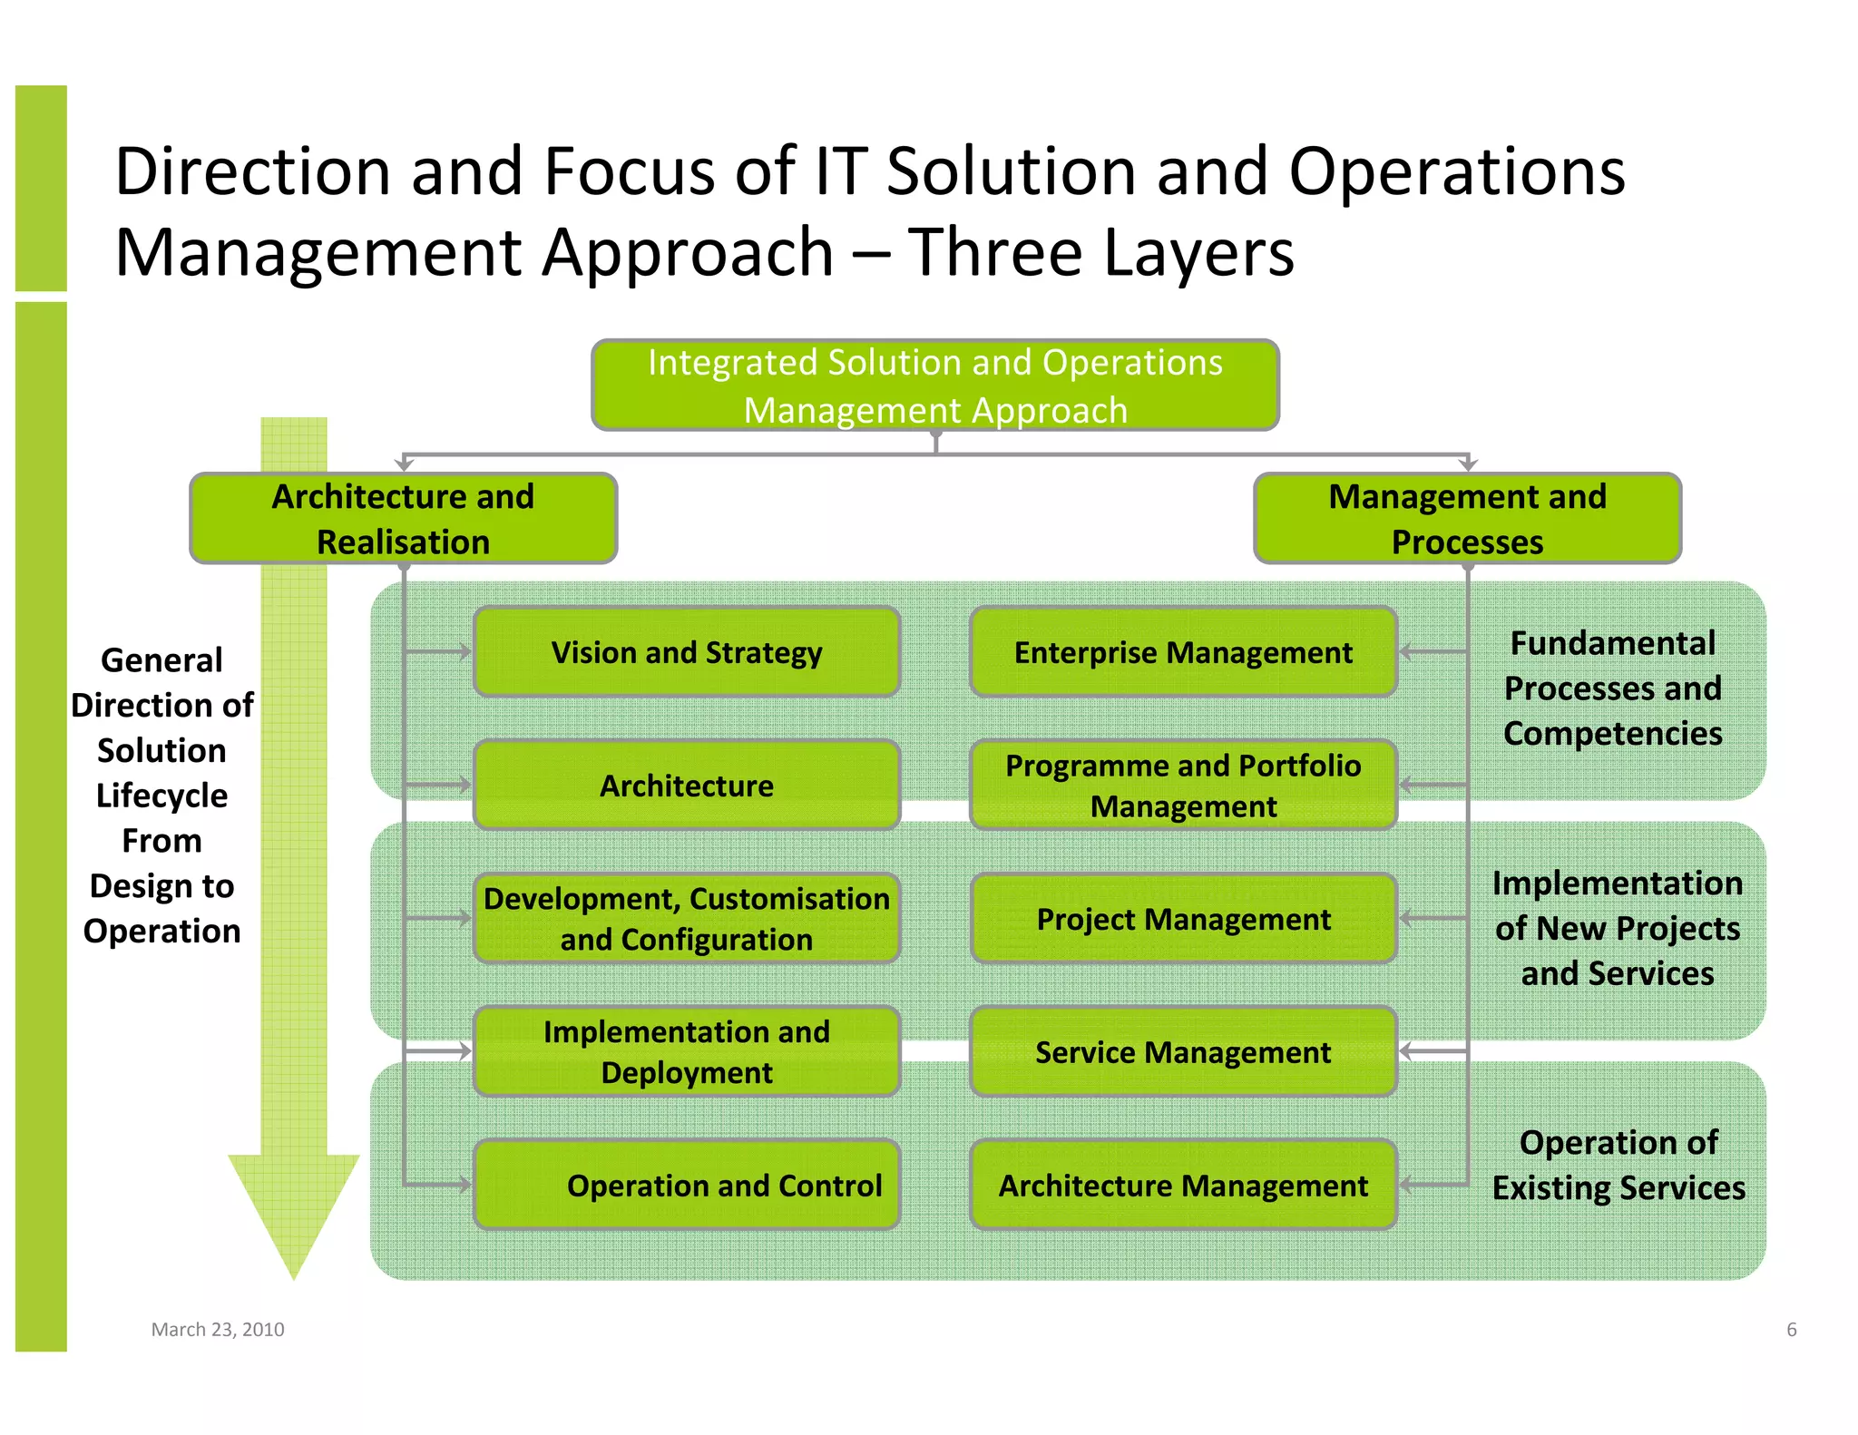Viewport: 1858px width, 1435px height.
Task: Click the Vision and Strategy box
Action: click(x=687, y=652)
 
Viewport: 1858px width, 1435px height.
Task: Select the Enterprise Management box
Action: click(x=1183, y=652)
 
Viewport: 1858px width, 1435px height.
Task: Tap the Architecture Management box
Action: click(x=1183, y=1185)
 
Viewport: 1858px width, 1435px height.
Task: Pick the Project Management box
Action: click(x=1183, y=919)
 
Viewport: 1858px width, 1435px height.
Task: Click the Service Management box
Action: click(x=1183, y=1052)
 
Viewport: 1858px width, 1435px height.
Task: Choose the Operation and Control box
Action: click(x=687, y=1185)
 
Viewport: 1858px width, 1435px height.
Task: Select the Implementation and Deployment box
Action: click(x=687, y=1052)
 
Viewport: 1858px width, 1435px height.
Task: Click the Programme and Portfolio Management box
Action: click(x=1183, y=786)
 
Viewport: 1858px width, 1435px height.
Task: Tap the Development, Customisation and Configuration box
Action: click(x=687, y=919)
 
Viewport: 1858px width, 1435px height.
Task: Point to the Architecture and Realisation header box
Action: click(x=404, y=519)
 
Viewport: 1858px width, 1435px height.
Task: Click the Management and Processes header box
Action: click(x=1467, y=519)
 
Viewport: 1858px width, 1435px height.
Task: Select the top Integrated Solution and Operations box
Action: click(x=935, y=386)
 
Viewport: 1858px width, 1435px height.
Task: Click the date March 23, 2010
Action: click(x=218, y=1329)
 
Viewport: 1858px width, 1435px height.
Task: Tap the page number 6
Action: click(x=1791, y=1330)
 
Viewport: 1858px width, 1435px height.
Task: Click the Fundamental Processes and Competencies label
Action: click(x=1612, y=688)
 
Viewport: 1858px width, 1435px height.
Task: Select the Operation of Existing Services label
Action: click(x=1618, y=1165)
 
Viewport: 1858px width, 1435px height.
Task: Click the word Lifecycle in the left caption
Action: click(x=161, y=796)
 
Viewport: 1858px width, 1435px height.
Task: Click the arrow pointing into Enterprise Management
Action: click(x=1409, y=651)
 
